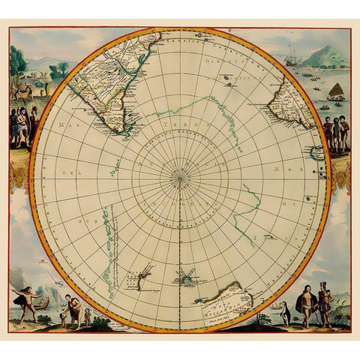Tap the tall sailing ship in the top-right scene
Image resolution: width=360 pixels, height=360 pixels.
coord(292,57)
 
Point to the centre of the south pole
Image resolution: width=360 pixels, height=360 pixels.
coord(179,178)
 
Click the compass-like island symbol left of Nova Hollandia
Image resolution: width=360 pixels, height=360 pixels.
coord(184,277)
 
